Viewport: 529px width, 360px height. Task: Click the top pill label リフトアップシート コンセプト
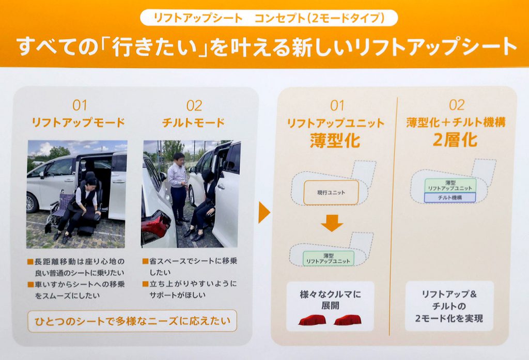click(x=269, y=18)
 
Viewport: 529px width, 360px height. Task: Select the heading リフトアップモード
click(x=79, y=122)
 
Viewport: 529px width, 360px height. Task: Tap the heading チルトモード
click(x=193, y=122)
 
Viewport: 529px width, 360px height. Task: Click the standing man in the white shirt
click(x=178, y=189)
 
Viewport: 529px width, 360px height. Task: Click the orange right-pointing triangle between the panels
click(x=264, y=213)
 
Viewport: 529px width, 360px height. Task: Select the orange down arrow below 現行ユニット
click(x=332, y=223)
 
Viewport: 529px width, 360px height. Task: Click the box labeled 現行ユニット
click(x=331, y=193)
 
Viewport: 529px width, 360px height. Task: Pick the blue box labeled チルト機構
click(x=450, y=198)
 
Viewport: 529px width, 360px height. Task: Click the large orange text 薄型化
click(x=335, y=140)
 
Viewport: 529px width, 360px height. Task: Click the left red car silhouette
click(x=313, y=320)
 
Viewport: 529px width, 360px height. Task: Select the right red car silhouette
click(x=348, y=320)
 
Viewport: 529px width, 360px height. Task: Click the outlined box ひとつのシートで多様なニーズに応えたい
click(x=132, y=321)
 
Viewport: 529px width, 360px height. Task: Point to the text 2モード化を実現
click(x=449, y=318)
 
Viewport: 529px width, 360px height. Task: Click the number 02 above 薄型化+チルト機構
click(x=457, y=105)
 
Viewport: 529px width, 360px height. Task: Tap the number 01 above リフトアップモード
click(x=80, y=105)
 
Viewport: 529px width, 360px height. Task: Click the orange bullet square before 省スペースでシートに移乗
click(x=145, y=261)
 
